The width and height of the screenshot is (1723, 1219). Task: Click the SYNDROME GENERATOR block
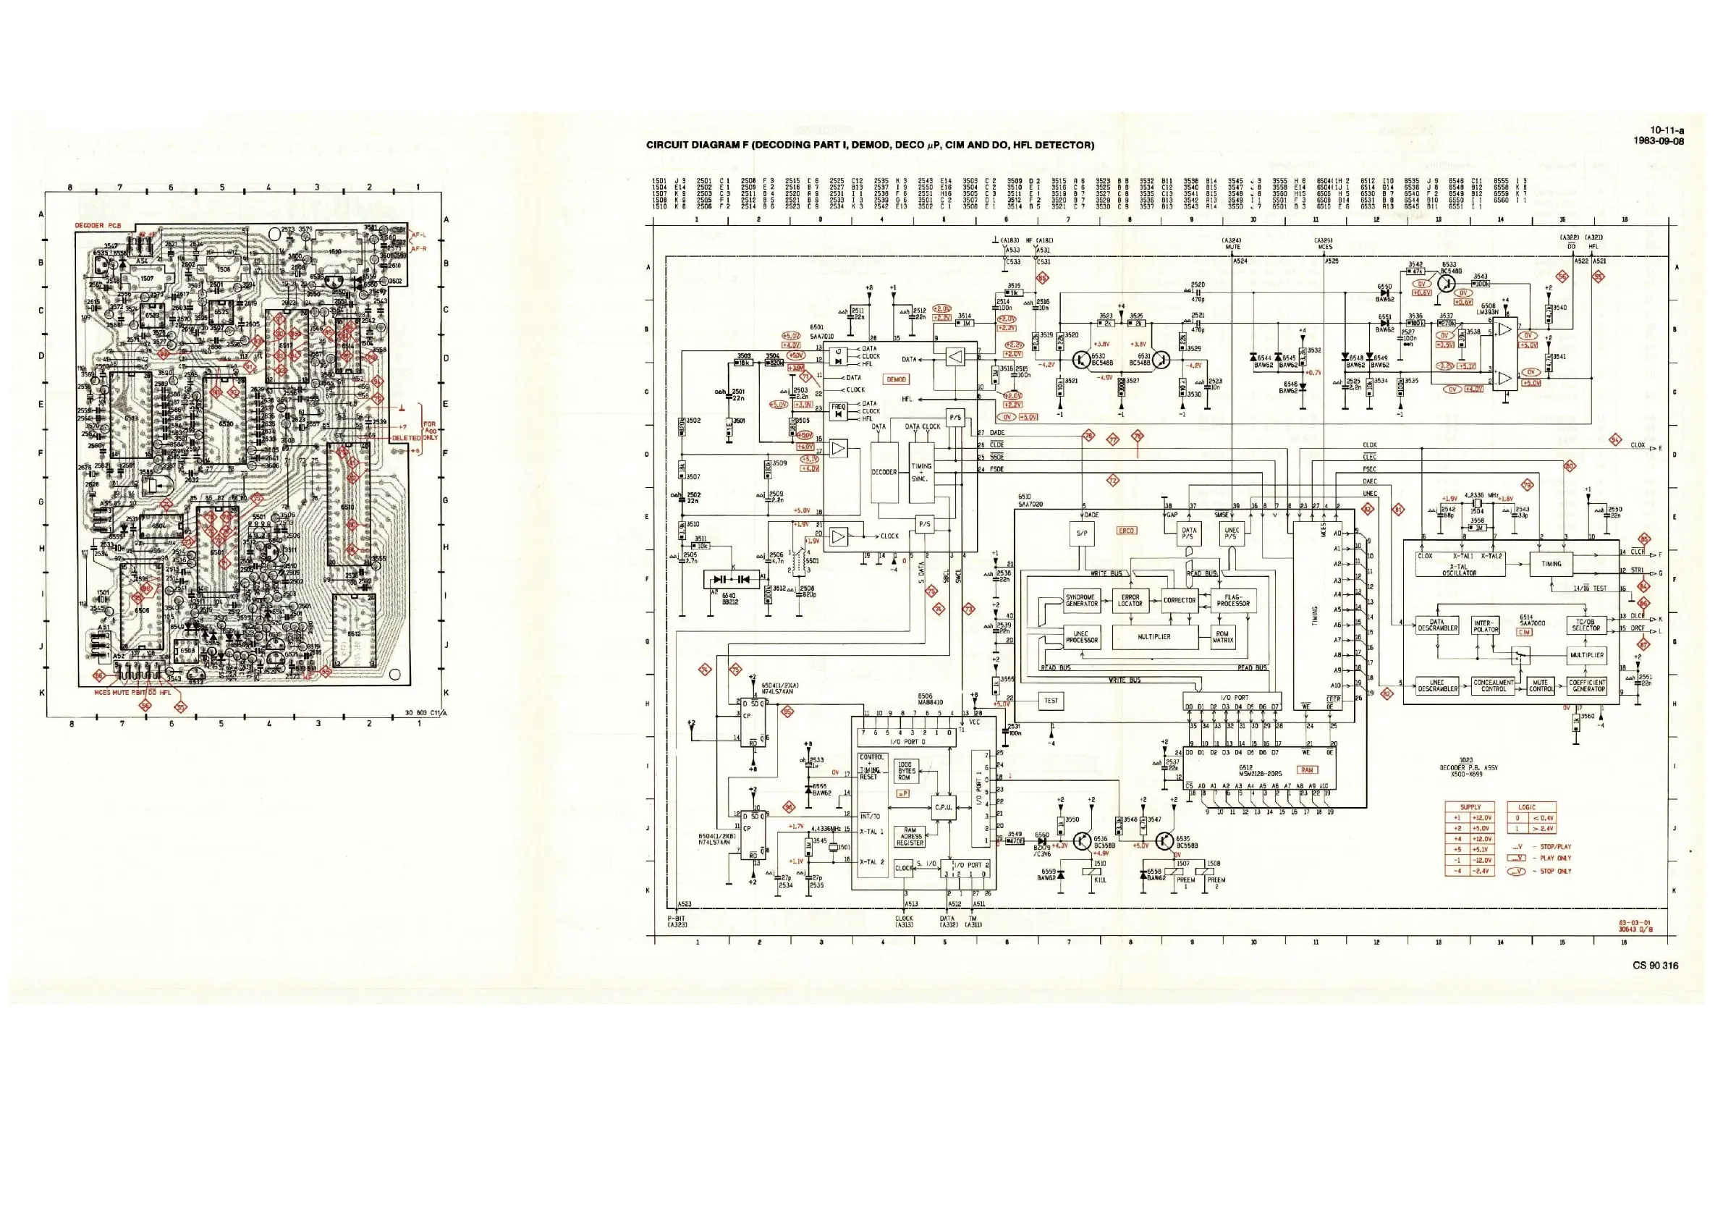1081,602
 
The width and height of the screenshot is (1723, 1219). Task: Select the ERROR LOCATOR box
1130,602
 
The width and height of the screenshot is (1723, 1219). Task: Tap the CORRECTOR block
1179,601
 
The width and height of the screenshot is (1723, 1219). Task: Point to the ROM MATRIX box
1222,637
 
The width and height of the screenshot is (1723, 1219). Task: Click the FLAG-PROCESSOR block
1233,600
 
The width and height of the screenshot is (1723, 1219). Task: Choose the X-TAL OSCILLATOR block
1460,565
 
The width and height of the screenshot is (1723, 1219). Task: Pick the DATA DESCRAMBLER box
1437,625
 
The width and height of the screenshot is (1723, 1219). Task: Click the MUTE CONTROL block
1541,686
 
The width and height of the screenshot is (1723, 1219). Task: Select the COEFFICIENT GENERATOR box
1587,686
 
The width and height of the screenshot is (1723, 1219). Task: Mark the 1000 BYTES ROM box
906,771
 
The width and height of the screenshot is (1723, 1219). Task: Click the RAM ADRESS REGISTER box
910,837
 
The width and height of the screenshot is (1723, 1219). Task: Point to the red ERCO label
1127,531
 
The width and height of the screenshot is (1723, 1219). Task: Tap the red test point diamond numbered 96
789,808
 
